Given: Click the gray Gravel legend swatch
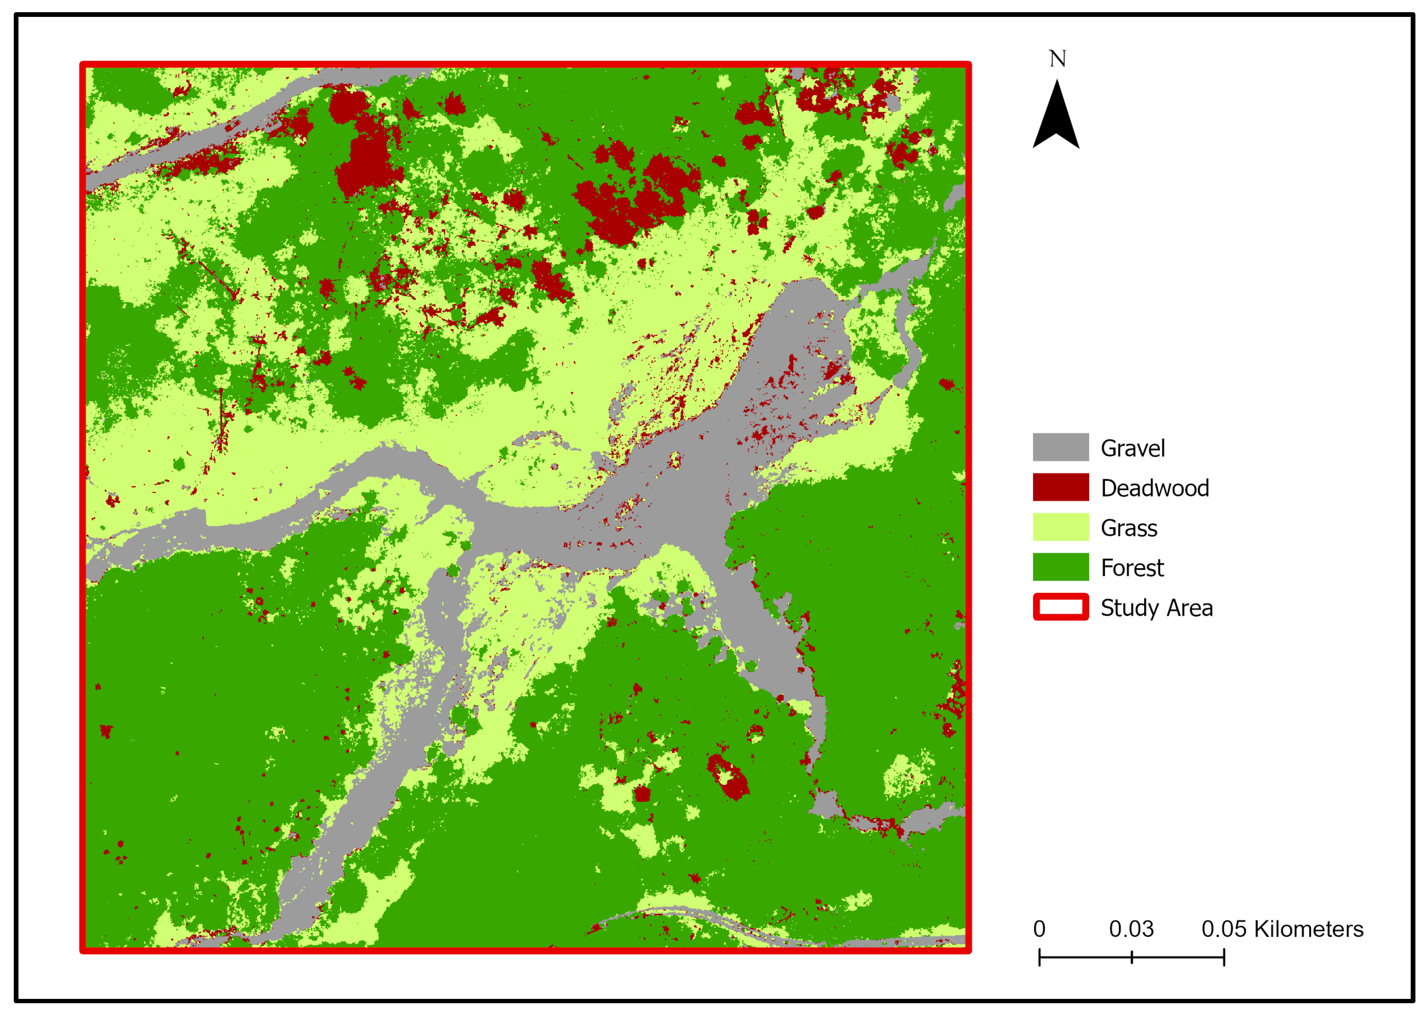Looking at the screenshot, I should point(1060,447).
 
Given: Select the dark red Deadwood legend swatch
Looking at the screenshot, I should point(1060,487).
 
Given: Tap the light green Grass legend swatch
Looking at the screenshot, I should point(1060,527).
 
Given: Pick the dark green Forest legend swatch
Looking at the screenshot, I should point(1060,567).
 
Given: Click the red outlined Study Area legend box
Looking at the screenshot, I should point(1060,607).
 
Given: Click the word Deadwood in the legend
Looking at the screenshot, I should point(1154,488).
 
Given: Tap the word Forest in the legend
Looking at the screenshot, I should point(1131,568).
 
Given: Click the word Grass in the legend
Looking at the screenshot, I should point(1128,528).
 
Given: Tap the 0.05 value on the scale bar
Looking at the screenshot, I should point(1224,929).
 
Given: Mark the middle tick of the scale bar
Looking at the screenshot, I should point(1131,957).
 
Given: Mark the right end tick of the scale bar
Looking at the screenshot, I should point(1224,957).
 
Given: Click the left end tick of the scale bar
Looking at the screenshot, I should point(1039,957).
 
